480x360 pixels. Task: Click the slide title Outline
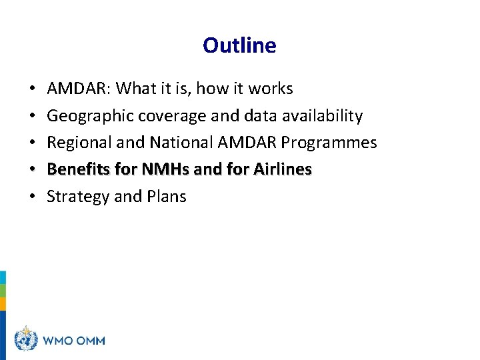tap(239, 45)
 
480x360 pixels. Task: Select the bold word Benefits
tap(79, 169)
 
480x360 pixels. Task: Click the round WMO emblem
tap(25, 340)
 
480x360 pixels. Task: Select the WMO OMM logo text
tap(73, 341)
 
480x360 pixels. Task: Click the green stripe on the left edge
tap(3, 291)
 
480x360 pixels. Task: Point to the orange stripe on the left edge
tap(3, 304)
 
